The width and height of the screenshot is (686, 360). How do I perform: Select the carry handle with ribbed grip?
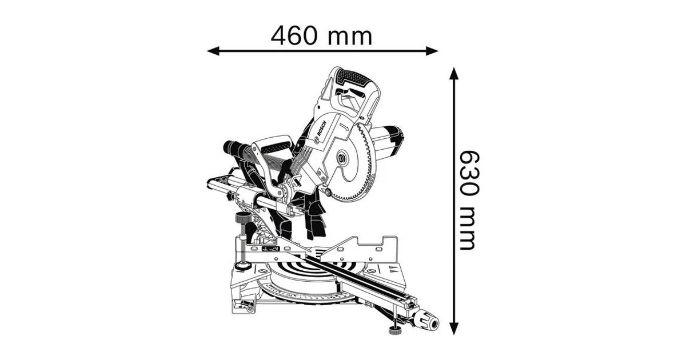coord(273,146)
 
